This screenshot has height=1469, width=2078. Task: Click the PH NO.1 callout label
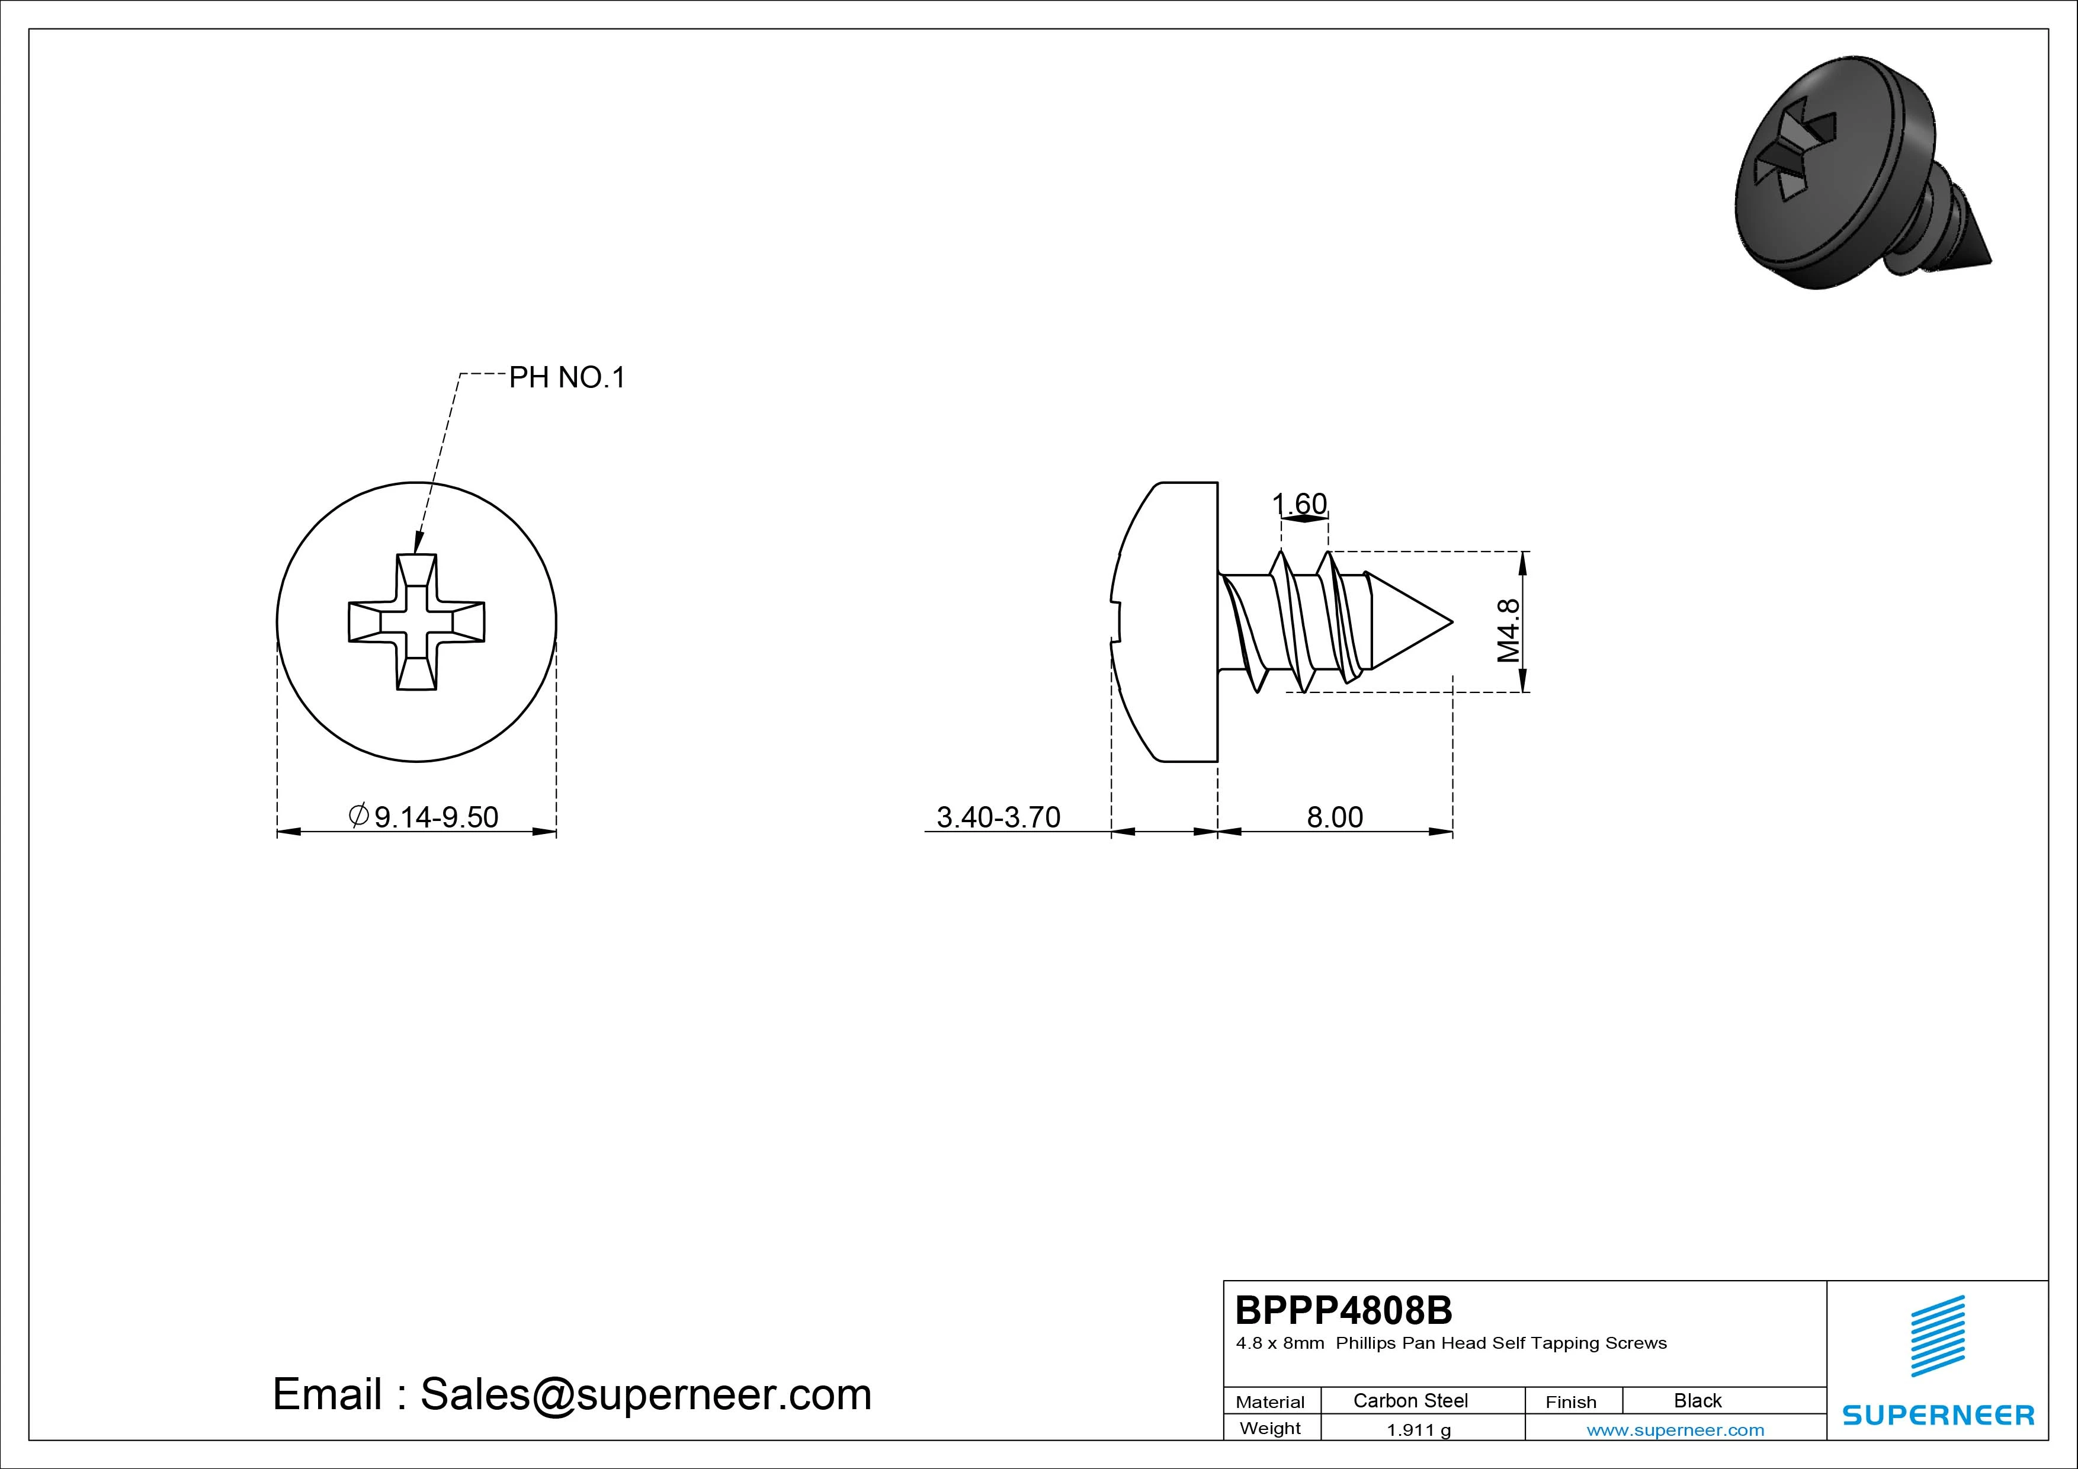[x=566, y=377]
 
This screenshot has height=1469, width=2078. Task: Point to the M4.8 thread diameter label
[x=1508, y=631]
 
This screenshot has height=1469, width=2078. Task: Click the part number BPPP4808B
[x=1344, y=1310]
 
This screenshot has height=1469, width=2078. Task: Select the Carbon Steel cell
[x=1410, y=1400]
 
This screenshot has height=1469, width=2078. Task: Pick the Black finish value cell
[x=1698, y=1400]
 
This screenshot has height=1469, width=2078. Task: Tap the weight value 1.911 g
[x=1418, y=1430]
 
